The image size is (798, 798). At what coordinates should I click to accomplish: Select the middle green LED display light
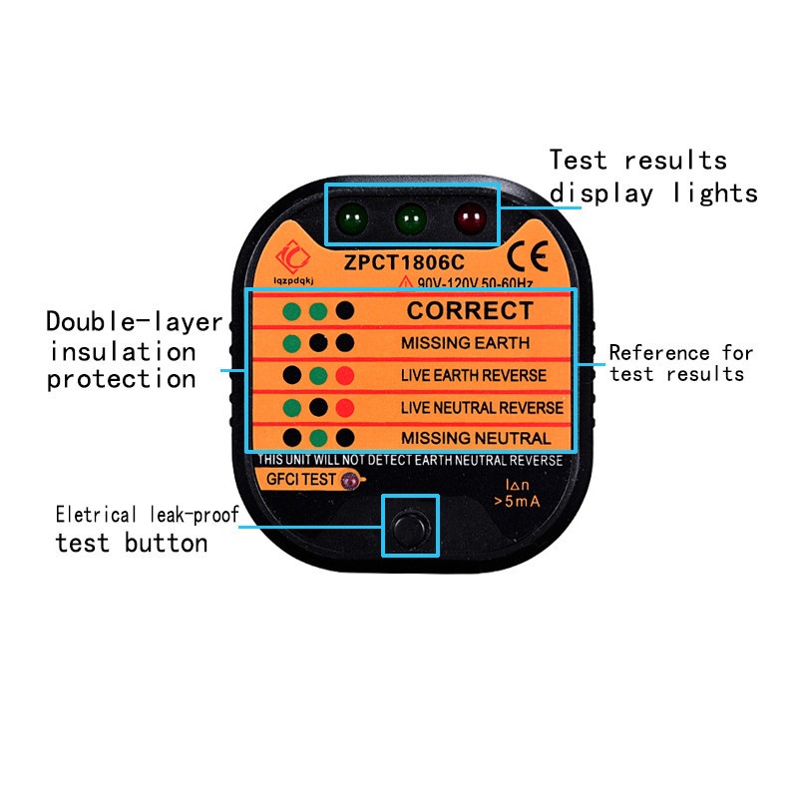click(408, 216)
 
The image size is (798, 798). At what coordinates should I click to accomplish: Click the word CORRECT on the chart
click(469, 311)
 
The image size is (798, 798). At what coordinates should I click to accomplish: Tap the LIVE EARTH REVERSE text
click(474, 376)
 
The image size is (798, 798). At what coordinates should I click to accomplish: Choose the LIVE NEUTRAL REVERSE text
click(483, 408)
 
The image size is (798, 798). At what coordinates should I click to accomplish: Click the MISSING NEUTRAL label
click(475, 439)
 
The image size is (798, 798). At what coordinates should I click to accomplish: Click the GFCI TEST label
click(297, 480)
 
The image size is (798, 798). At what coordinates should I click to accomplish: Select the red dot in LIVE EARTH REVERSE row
click(345, 376)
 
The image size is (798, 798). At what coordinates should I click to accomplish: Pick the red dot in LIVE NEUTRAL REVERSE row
click(345, 408)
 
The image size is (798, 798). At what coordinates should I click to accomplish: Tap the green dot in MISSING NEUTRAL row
click(318, 439)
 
